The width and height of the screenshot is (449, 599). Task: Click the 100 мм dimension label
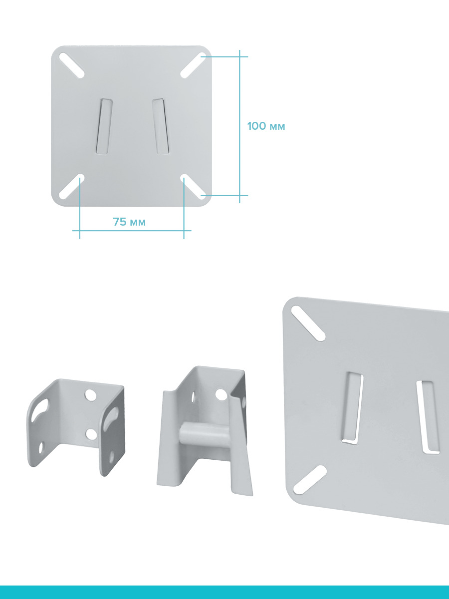click(266, 126)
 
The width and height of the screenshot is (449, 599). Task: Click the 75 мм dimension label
click(129, 222)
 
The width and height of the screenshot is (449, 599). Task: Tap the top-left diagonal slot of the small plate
click(72, 65)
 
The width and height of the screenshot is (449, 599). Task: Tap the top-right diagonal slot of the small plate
click(193, 65)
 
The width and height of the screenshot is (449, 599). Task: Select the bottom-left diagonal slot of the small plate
click(72, 187)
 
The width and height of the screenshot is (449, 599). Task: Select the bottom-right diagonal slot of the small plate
click(193, 187)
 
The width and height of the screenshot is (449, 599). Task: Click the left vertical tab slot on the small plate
click(104, 127)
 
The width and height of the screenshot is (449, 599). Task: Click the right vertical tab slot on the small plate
click(161, 127)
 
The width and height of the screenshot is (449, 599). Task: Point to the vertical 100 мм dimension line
click(239, 126)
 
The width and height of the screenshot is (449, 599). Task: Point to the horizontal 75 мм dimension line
click(132, 231)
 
